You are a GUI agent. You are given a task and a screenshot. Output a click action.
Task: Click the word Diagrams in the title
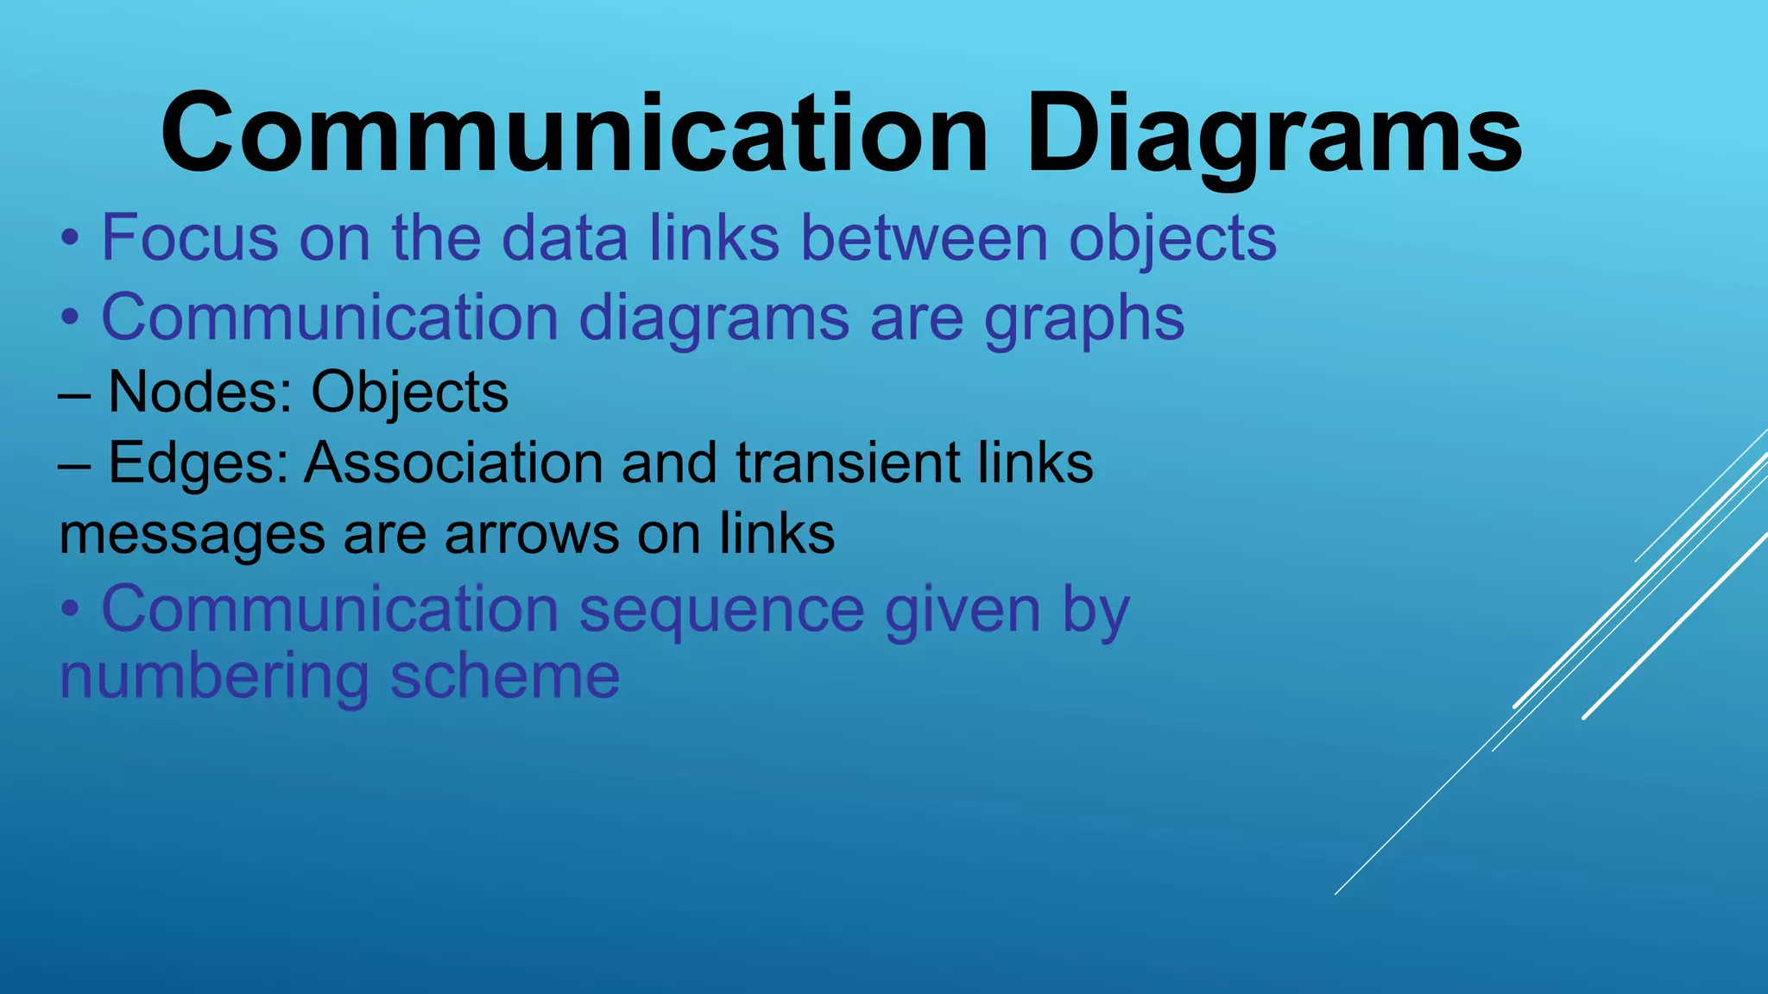click(1274, 135)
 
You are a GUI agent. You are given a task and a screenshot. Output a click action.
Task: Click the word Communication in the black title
click(574, 135)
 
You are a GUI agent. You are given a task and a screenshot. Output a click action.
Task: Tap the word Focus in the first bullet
click(190, 237)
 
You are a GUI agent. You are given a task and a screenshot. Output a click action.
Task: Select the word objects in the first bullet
click(1172, 239)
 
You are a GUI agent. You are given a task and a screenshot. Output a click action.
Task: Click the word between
click(925, 237)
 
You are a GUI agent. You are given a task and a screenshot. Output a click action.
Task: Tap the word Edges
click(198, 463)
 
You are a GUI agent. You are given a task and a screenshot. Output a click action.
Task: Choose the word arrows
click(532, 535)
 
